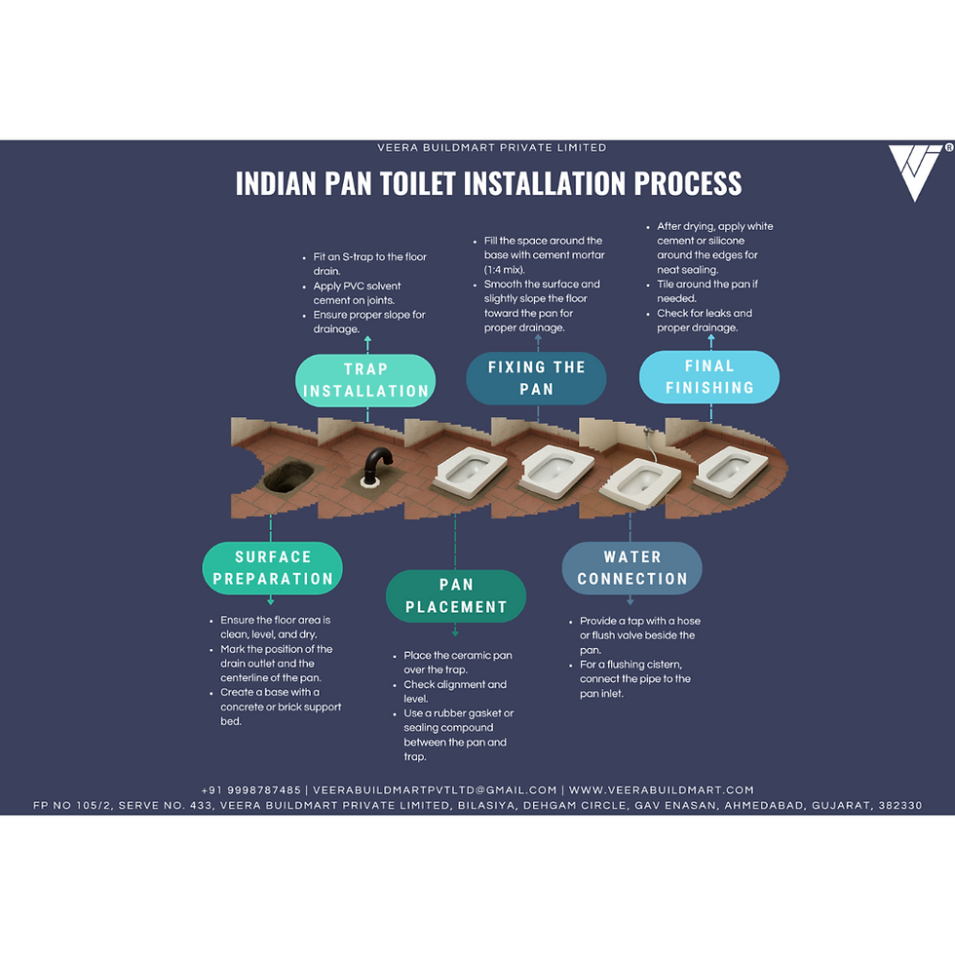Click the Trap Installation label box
point(365,380)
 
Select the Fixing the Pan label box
point(536,378)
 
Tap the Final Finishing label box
point(709,377)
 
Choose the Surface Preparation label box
point(273,568)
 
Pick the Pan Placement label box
point(456,595)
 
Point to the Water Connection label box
point(632,568)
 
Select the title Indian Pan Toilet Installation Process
point(488,183)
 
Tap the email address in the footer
point(435,790)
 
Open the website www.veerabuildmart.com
point(662,790)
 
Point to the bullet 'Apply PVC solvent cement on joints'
point(357,293)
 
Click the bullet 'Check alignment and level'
point(455,691)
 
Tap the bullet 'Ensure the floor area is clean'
point(276,627)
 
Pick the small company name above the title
point(492,148)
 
